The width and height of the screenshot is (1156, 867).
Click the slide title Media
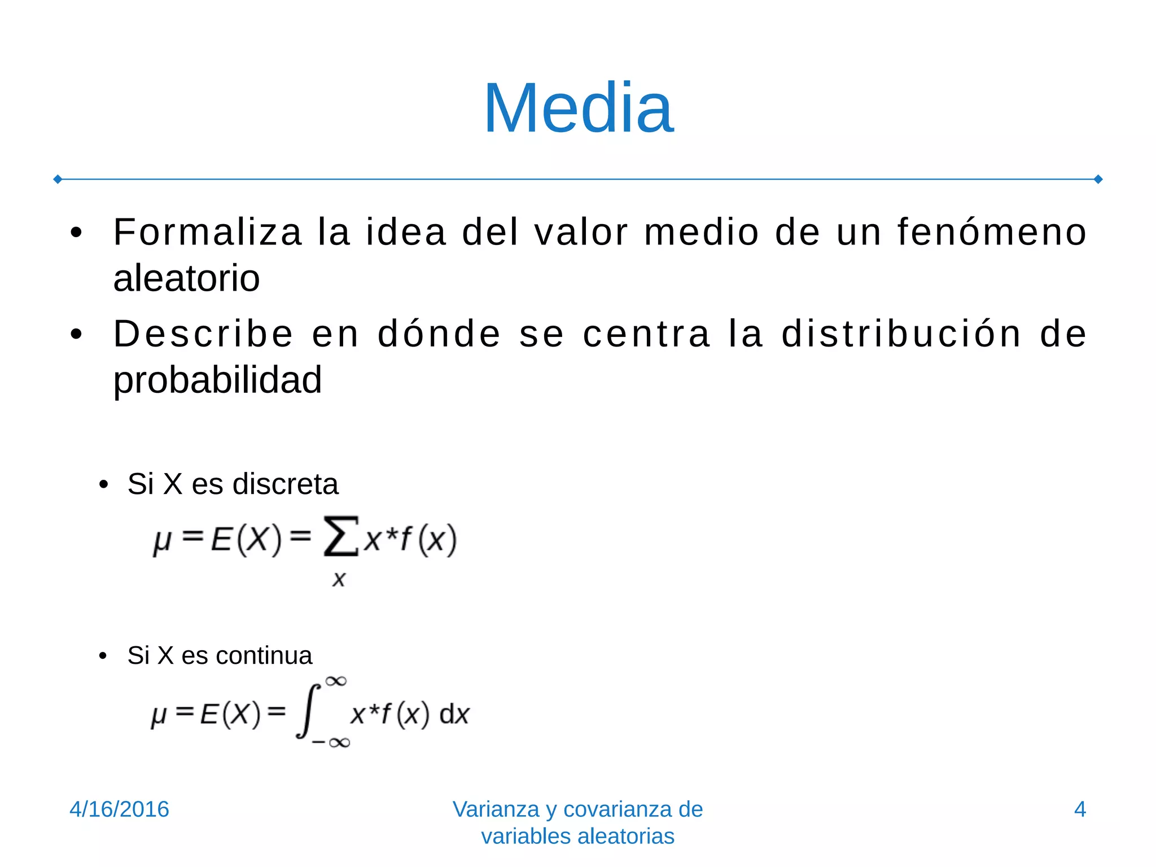click(579, 108)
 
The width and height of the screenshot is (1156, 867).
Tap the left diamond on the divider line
click(58, 179)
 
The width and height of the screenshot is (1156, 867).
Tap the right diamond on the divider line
click(1098, 179)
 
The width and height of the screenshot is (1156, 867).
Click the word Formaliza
click(208, 232)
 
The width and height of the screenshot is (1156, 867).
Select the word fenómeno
click(992, 232)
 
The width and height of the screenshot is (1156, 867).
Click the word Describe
click(203, 334)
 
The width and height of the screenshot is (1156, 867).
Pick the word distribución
click(901, 334)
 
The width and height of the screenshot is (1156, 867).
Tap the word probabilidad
click(217, 380)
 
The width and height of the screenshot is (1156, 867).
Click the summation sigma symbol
click(340, 536)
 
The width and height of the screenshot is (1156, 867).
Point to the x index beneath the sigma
click(339, 579)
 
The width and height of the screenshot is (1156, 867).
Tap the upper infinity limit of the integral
click(336, 681)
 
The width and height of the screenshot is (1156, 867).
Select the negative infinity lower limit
click(331, 742)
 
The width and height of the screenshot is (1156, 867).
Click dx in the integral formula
click(454, 715)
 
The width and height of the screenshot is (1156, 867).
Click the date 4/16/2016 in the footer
click(119, 809)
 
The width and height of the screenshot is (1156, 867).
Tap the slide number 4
click(1080, 809)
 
